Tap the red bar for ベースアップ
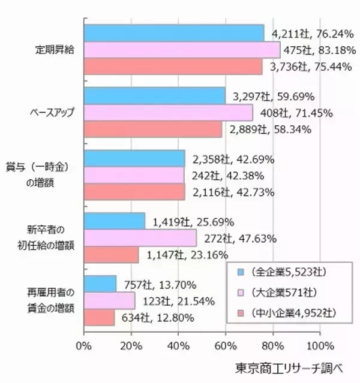click(x=153, y=129)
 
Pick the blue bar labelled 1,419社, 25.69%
click(x=115, y=222)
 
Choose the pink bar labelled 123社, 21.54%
click(x=109, y=300)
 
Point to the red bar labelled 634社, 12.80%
click(x=99, y=317)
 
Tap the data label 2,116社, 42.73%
click(x=233, y=192)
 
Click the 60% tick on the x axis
click(x=226, y=345)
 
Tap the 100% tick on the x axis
click(x=319, y=345)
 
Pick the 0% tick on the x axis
click(x=84, y=345)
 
